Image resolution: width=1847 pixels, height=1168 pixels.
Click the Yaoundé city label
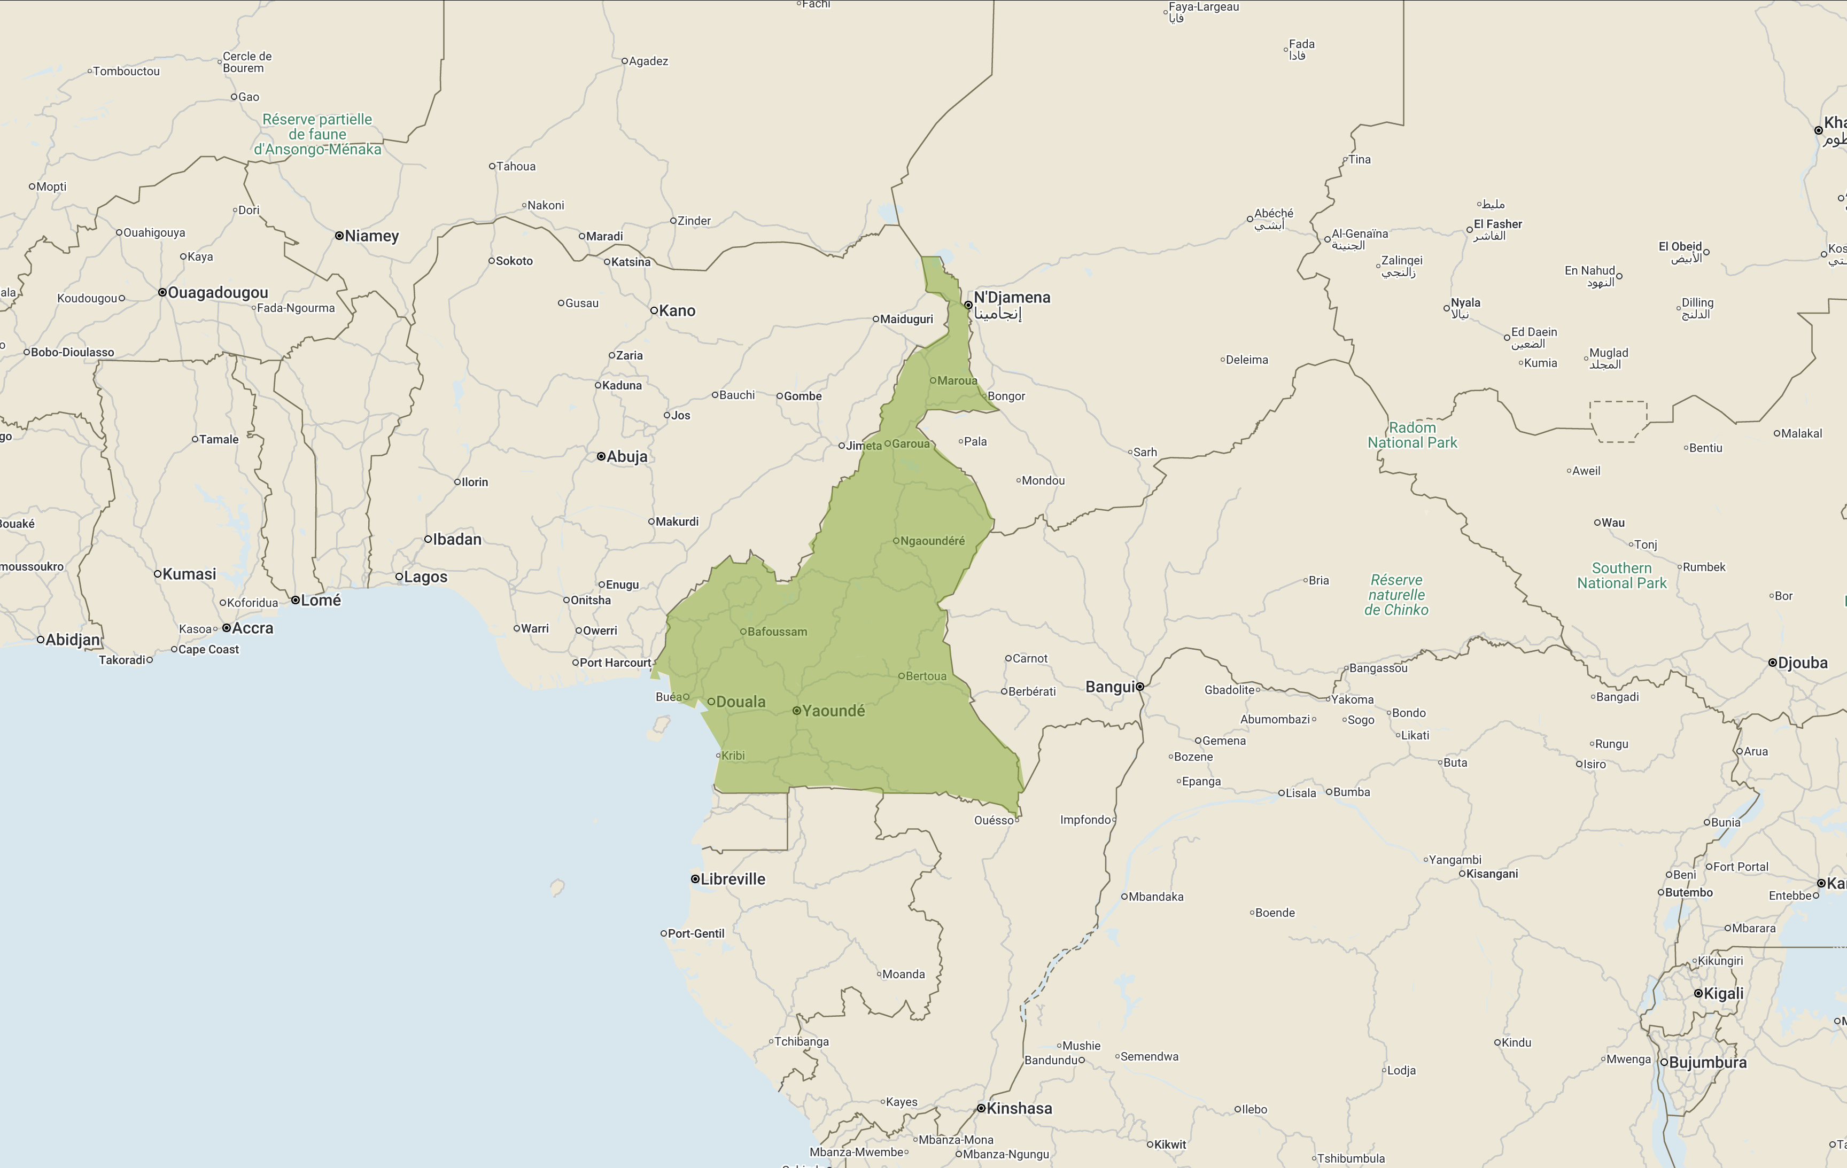pyautogui.click(x=833, y=711)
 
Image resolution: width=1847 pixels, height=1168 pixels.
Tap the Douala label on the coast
pyautogui.click(x=740, y=702)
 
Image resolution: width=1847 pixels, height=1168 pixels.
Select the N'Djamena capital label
pyautogui.click(x=1012, y=298)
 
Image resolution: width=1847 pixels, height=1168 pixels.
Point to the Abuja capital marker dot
pyautogui.click(x=601, y=456)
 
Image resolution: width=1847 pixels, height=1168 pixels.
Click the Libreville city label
pyautogui.click(x=733, y=879)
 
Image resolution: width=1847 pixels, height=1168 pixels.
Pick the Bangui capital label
pyautogui.click(x=1110, y=687)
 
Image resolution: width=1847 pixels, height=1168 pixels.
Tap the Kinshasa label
pyautogui.click(x=1019, y=1108)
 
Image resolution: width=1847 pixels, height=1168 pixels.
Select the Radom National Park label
pyautogui.click(x=1412, y=435)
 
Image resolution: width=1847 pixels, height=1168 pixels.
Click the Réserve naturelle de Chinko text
pyautogui.click(x=1396, y=595)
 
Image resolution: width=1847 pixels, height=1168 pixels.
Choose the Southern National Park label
pyautogui.click(x=1621, y=575)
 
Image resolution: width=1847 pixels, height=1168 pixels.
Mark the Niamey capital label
pyautogui.click(x=371, y=236)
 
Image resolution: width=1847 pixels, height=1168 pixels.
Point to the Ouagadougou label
pyautogui.click(x=218, y=292)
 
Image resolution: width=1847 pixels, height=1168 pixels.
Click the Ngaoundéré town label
pyautogui.click(x=932, y=541)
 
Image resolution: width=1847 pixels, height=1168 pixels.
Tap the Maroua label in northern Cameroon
pyautogui.click(x=957, y=380)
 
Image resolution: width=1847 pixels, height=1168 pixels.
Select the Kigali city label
pyautogui.click(x=1722, y=994)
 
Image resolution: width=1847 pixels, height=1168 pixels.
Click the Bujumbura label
pyautogui.click(x=1708, y=1063)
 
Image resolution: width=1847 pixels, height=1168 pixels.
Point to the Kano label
pyautogui.click(x=677, y=310)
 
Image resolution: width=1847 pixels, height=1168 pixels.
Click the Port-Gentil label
pyautogui.click(x=696, y=933)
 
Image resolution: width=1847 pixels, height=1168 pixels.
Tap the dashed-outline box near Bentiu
pyautogui.click(x=1618, y=421)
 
